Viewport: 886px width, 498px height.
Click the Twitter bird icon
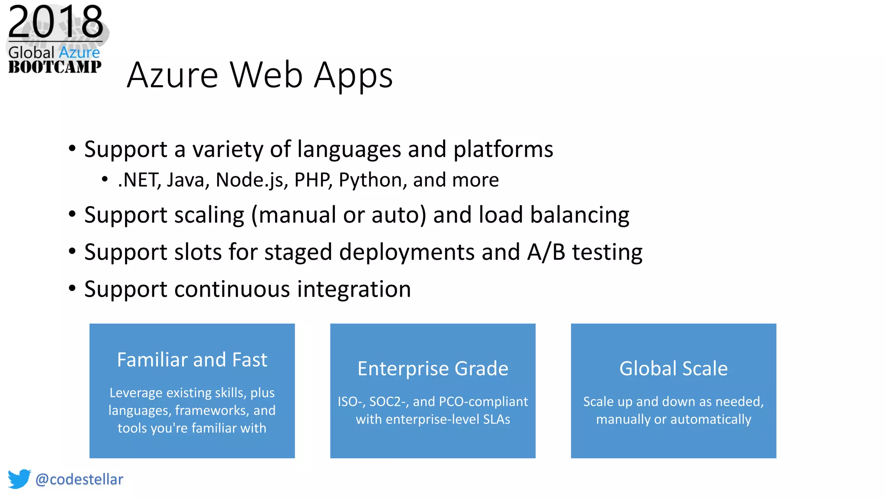(x=19, y=479)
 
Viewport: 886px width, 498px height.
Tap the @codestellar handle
(x=79, y=479)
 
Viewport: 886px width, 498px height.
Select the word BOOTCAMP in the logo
(x=55, y=67)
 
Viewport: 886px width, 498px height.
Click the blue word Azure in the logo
(x=79, y=53)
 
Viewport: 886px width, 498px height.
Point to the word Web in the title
(x=266, y=75)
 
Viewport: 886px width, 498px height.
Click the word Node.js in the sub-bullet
(x=252, y=180)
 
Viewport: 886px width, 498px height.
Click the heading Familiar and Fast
(x=192, y=360)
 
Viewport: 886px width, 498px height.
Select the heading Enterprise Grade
(x=433, y=369)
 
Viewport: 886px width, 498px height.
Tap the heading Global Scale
(x=673, y=369)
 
